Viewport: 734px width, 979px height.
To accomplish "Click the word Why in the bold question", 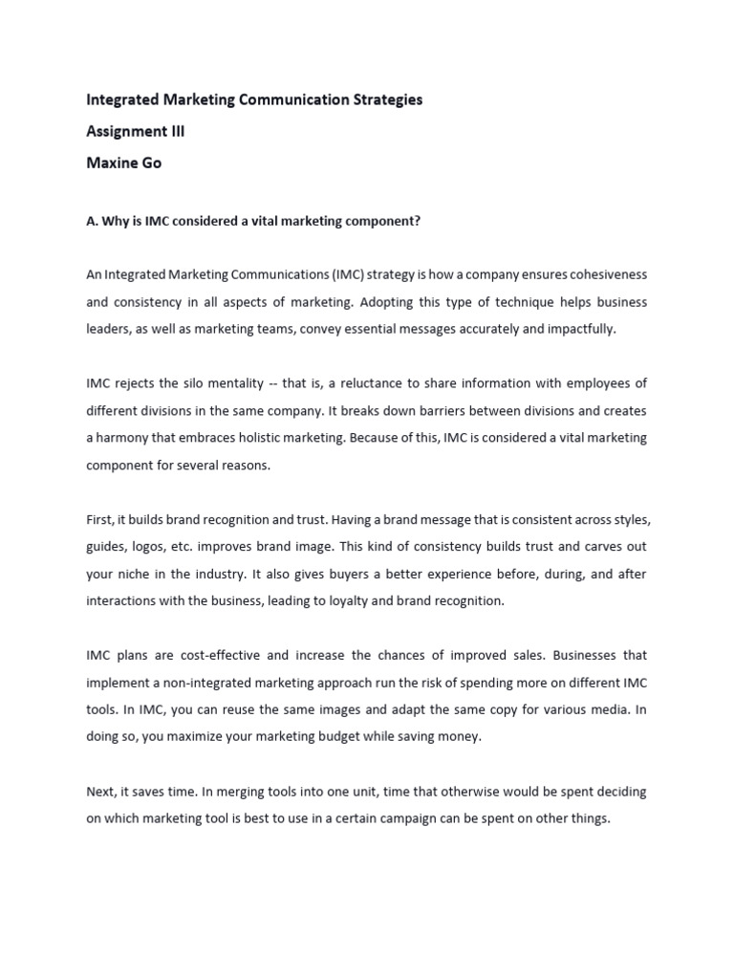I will (x=116, y=221).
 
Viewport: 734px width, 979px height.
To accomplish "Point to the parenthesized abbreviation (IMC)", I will (x=350, y=274).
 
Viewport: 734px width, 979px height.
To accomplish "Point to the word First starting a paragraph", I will (x=100, y=519).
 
